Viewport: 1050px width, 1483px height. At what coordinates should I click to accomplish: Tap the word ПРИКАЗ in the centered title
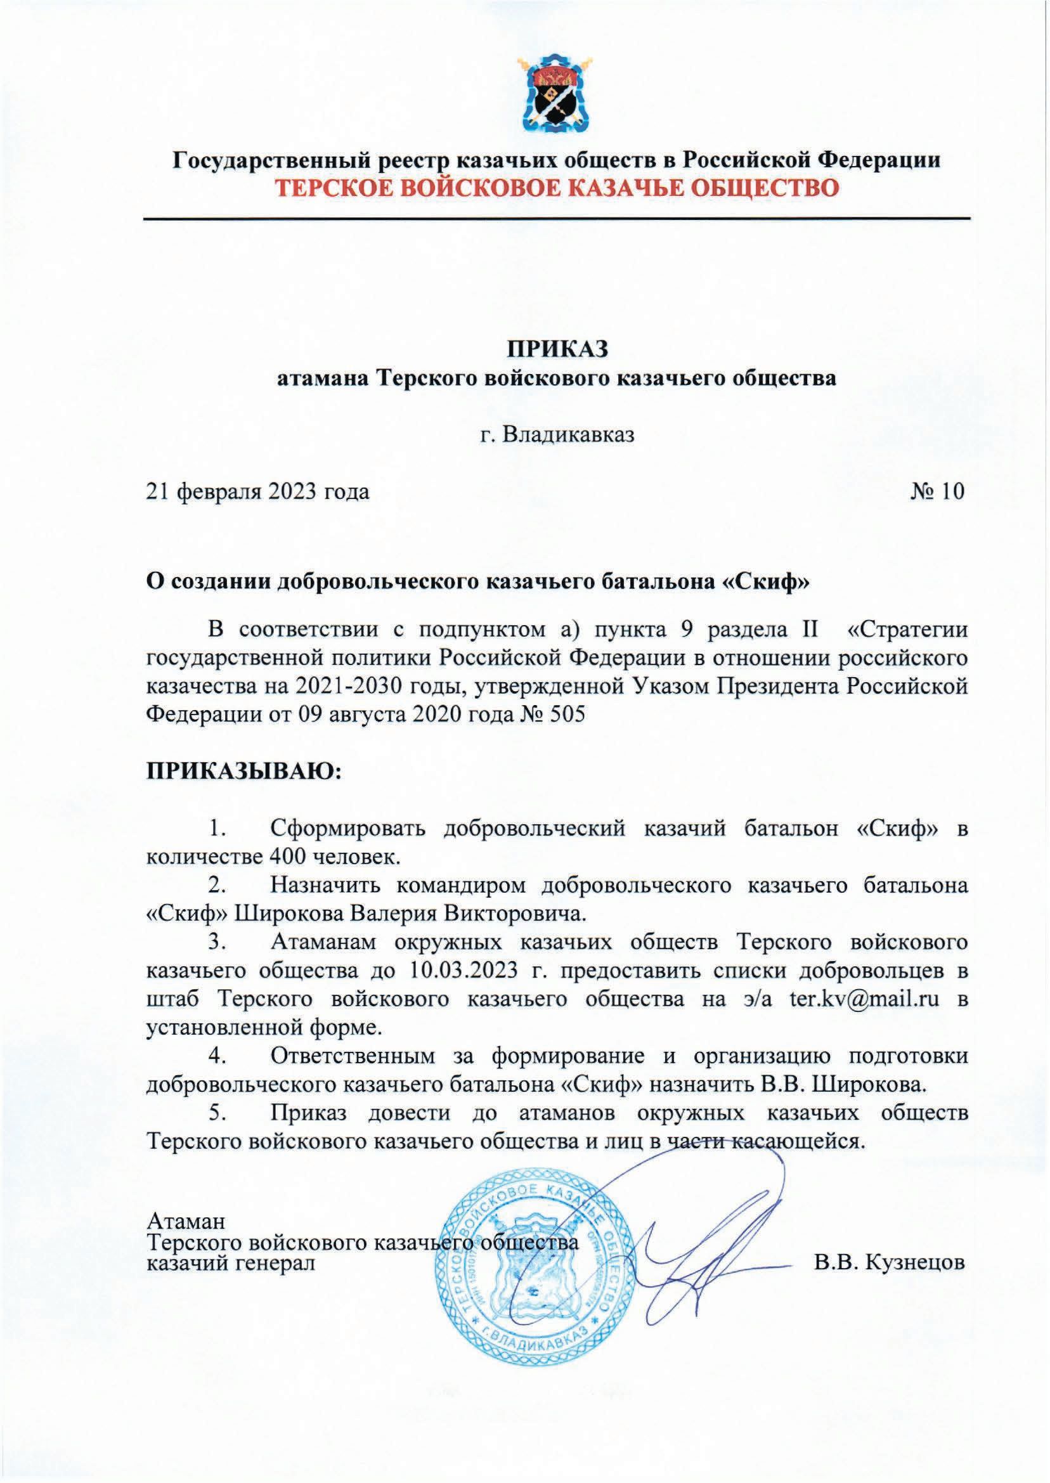pos(557,349)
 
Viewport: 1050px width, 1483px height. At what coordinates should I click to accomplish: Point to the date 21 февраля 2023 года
pos(259,491)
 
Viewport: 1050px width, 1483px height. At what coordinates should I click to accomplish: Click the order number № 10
pos(937,491)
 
